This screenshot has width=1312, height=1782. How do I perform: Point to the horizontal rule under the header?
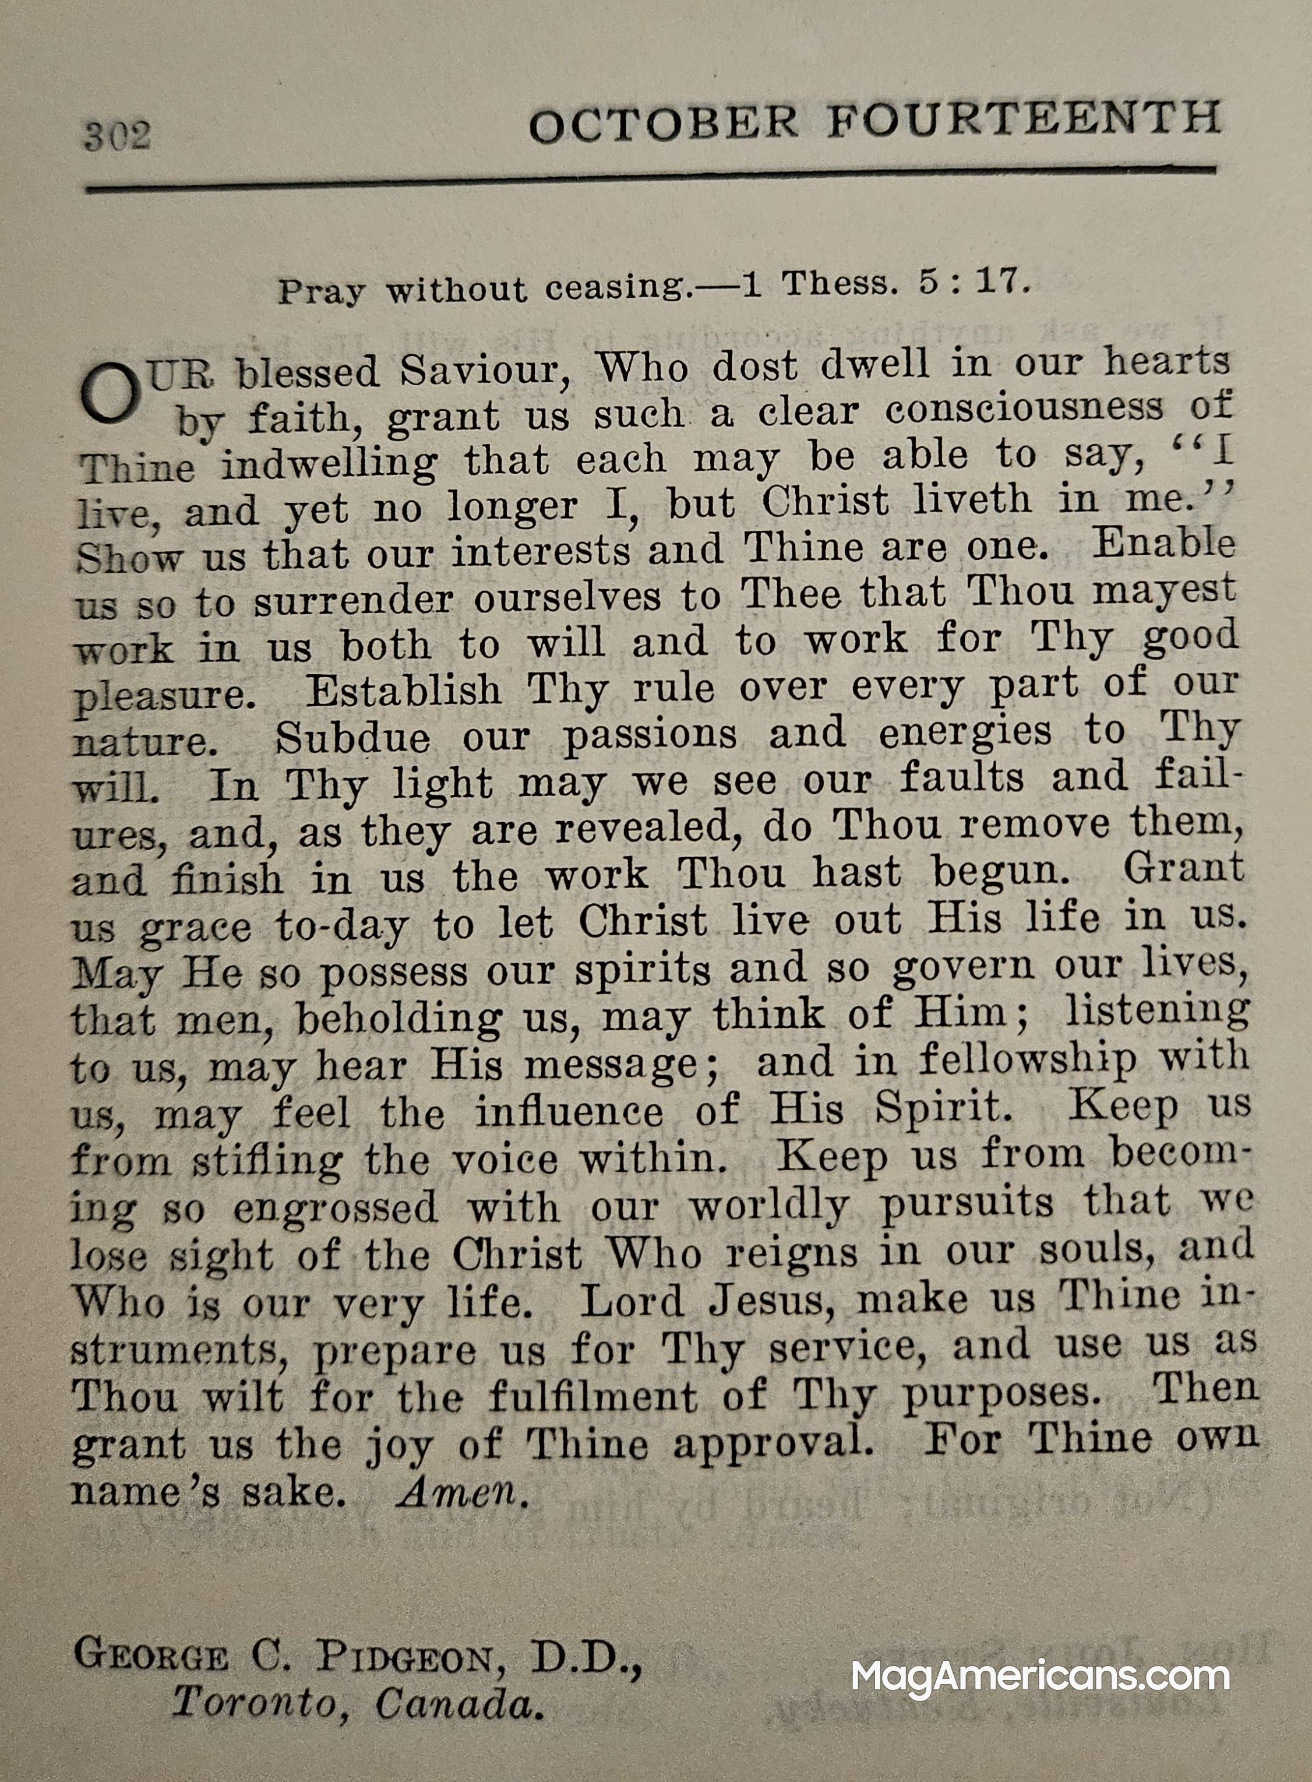651,179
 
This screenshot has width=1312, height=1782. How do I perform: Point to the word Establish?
404,691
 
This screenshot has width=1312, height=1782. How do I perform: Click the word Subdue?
352,739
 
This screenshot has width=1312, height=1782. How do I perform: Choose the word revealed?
643,828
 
